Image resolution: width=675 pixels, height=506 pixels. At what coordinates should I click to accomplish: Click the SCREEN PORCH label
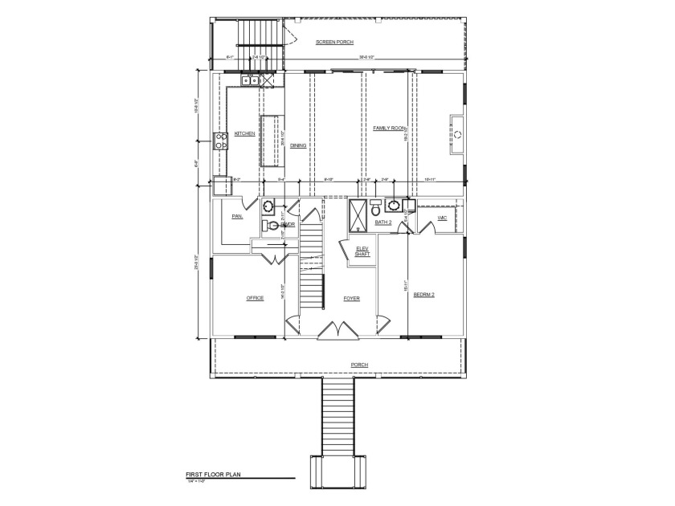(335, 42)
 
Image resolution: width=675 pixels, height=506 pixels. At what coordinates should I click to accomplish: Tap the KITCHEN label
(245, 133)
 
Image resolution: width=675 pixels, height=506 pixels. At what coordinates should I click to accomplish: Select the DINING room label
(298, 145)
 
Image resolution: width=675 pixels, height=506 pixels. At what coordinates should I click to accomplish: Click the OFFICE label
(255, 298)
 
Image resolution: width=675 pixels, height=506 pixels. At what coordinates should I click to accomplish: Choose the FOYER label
(352, 298)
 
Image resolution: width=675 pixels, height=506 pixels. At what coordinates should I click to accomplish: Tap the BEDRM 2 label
(423, 295)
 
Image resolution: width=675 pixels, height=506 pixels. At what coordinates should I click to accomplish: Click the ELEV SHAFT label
(362, 251)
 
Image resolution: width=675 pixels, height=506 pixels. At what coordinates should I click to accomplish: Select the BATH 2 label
(382, 222)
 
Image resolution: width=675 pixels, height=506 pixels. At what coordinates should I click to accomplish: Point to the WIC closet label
(442, 218)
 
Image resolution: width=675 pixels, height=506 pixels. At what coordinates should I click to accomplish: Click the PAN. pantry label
(237, 217)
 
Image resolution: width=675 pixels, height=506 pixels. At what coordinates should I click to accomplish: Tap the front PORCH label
(359, 365)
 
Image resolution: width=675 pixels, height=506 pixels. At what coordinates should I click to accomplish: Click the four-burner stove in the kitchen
(220, 142)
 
